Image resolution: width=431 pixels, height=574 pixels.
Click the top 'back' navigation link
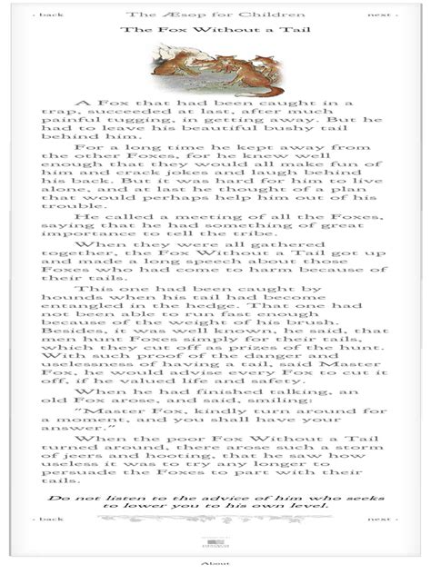[52, 15]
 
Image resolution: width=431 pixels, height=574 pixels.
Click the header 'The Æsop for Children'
[215, 15]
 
